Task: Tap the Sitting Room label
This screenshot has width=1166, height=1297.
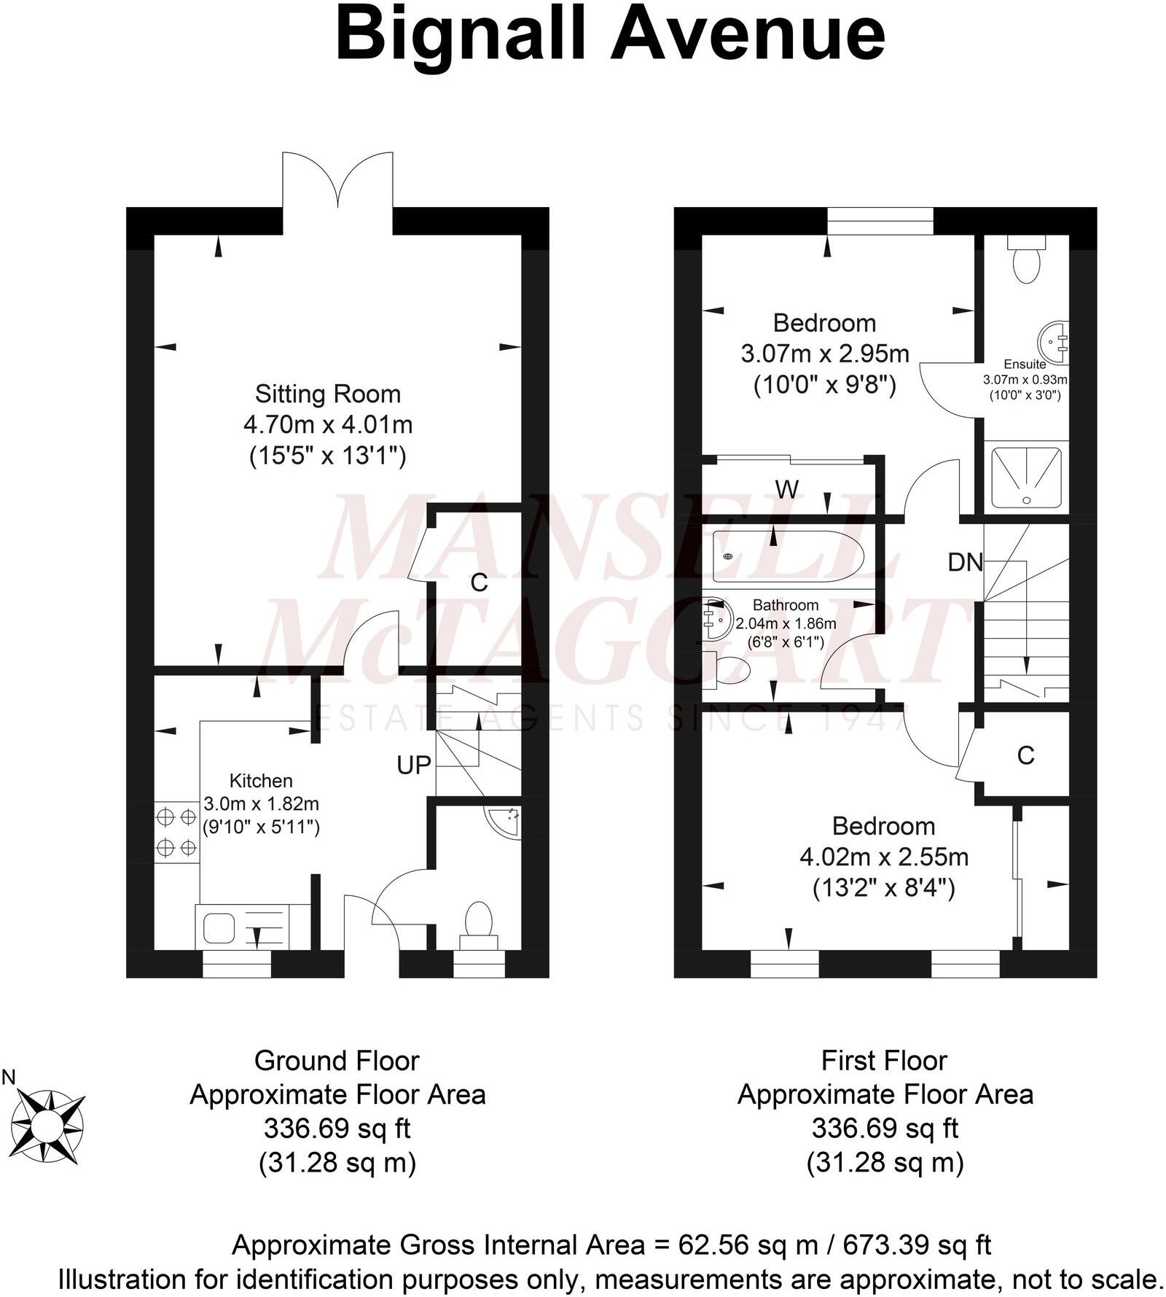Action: (328, 394)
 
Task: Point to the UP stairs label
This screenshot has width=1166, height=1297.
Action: (414, 765)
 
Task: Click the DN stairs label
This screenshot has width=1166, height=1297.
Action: (965, 562)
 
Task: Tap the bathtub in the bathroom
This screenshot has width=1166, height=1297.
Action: (788, 556)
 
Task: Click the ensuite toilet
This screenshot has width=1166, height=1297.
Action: (1028, 260)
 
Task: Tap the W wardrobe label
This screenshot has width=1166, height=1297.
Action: (786, 489)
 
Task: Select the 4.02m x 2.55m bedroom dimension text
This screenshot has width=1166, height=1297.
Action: (884, 857)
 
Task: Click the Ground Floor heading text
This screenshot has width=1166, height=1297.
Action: (337, 1061)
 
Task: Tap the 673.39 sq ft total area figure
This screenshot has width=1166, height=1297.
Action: (917, 1245)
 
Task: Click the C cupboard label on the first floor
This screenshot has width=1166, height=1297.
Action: (1025, 755)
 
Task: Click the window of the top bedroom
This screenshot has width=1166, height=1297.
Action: (880, 221)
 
